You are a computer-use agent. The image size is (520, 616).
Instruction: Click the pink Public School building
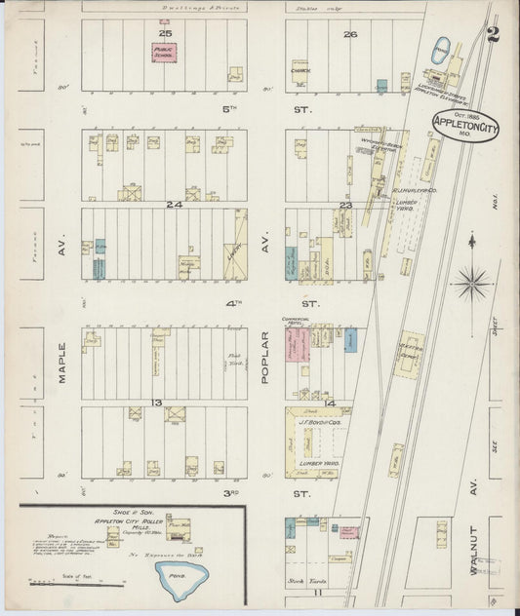point(163,52)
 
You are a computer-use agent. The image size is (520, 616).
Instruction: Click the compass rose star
point(473,284)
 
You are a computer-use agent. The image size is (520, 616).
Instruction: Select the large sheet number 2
point(494,36)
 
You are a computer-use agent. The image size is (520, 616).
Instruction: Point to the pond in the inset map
point(181,577)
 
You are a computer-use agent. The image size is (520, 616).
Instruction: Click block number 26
point(350,34)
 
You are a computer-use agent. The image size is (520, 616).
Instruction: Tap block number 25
point(164,34)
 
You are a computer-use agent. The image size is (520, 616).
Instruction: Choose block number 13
point(155,403)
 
